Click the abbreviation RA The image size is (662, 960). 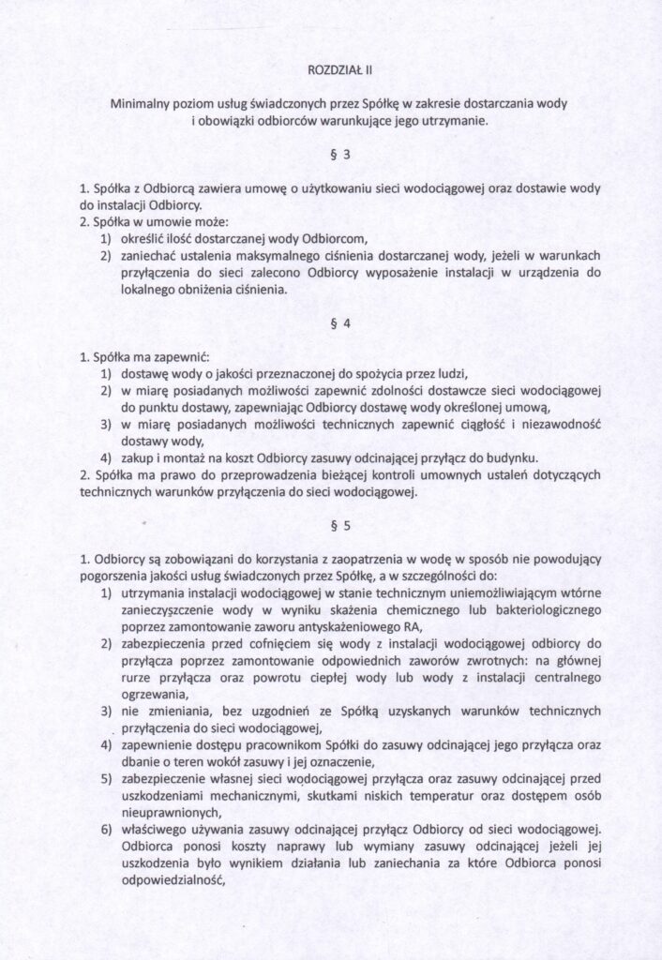point(388,627)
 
